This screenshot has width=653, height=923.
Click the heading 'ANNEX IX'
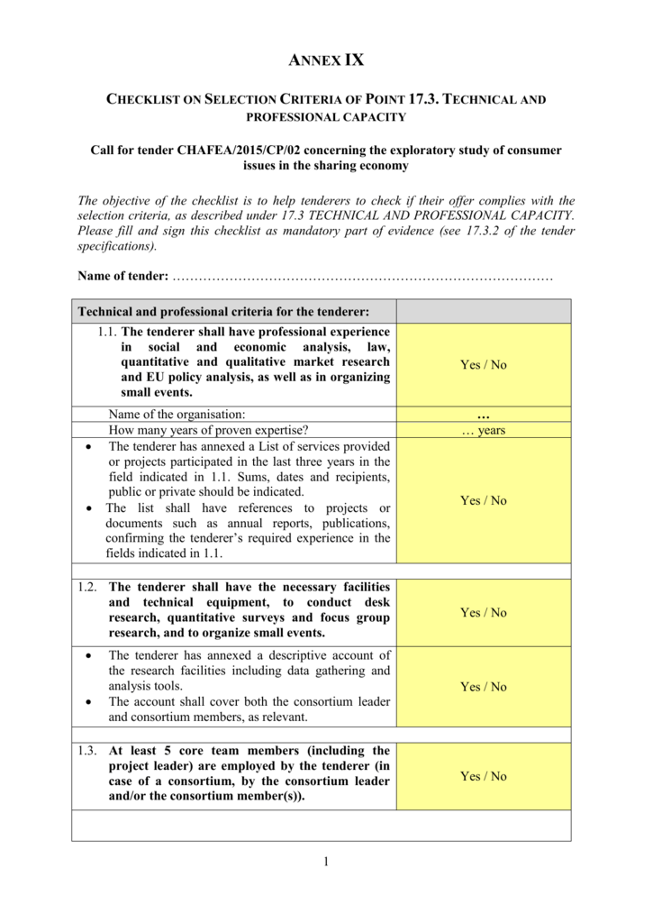tap(325, 61)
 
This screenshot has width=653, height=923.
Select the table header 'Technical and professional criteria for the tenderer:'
tap(224, 311)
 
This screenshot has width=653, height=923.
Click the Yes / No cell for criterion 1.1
tap(483, 365)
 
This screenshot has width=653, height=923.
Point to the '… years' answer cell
tap(483, 431)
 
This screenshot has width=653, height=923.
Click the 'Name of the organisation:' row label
tap(177, 414)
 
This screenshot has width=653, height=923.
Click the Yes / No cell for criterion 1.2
tap(483, 612)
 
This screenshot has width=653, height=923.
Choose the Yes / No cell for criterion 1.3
tap(483, 776)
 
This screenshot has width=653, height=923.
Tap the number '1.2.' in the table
tap(87, 587)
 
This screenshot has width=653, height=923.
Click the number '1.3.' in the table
tap(87, 751)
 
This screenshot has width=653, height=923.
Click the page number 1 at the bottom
tap(326, 864)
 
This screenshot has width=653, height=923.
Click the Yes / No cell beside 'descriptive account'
tap(483, 687)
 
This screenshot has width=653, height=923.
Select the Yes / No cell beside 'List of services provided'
tap(483, 500)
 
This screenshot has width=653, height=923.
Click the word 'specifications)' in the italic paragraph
tap(104, 246)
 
